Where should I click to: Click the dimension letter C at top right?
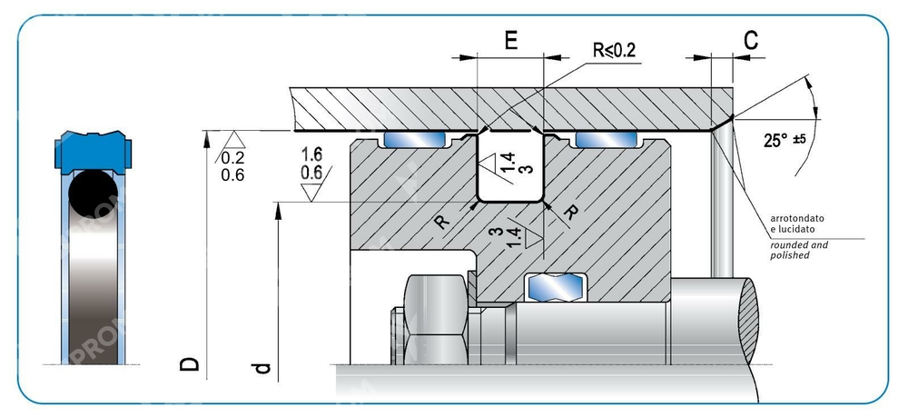tap(751, 41)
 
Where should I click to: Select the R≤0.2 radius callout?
tap(615, 50)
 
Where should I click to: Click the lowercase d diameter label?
tap(262, 367)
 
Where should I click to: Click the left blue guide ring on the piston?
tap(414, 140)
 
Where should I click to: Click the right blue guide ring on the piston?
tap(607, 140)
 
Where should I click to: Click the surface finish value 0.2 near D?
tap(232, 158)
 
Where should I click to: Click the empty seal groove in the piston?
tap(510, 173)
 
